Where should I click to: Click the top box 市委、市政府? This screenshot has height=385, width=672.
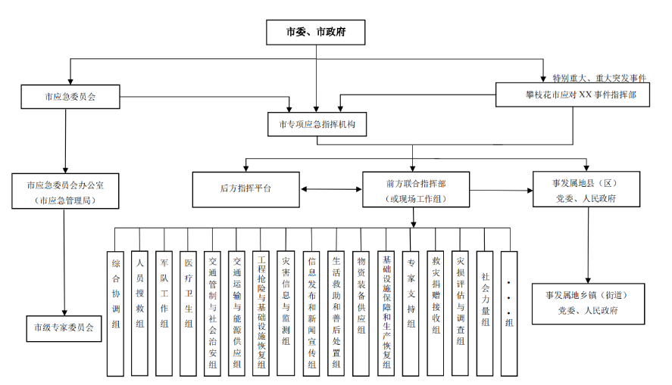pyautogui.click(x=315, y=33)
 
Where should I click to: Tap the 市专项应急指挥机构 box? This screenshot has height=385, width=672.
pyautogui.click(x=317, y=124)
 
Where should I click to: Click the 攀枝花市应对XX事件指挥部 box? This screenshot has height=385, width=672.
pyautogui.click(x=573, y=95)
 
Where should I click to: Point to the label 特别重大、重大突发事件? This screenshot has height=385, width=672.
pyautogui.click(x=599, y=78)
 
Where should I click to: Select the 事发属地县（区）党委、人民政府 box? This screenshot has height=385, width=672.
pyautogui.click(x=583, y=190)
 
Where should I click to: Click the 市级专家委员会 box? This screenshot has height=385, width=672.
pyautogui.click(x=64, y=328)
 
